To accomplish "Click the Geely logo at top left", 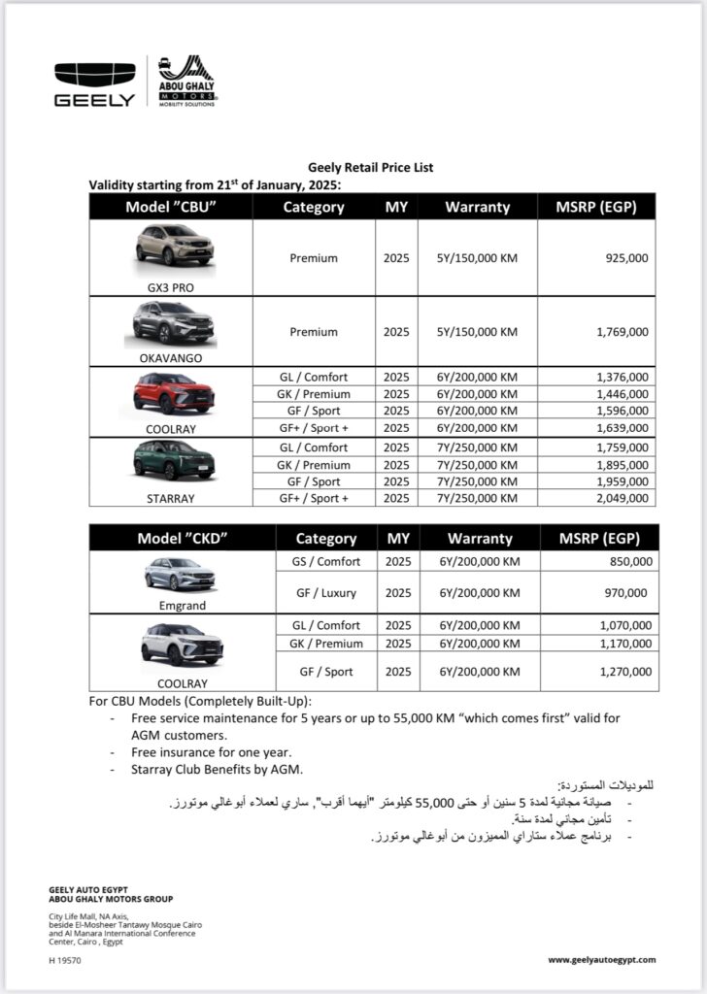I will (x=94, y=83).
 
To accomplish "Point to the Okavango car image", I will (x=170, y=323).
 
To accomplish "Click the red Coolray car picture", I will (x=172, y=393).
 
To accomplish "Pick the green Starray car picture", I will (x=172, y=462).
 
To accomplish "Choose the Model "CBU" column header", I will (x=170, y=207).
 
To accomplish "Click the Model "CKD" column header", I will (x=182, y=539).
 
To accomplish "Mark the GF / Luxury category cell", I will (x=326, y=592).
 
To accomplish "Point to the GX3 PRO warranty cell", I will (x=477, y=258).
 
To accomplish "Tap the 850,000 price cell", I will (x=628, y=562).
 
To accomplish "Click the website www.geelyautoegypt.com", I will (x=601, y=960).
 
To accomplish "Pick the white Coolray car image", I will (x=182, y=644).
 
